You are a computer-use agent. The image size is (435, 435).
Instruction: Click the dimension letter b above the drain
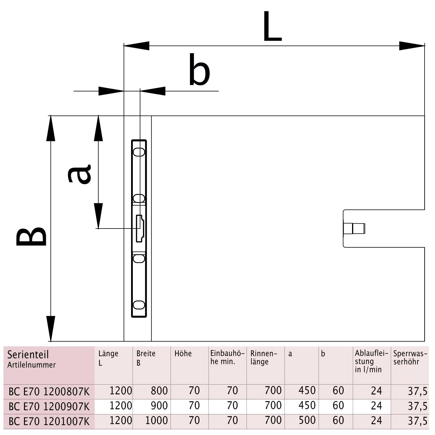199,70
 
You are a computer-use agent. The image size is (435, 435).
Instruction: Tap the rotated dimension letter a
79,174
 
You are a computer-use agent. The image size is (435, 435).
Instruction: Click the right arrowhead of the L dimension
412,46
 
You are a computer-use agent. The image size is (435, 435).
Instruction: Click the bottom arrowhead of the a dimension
98,216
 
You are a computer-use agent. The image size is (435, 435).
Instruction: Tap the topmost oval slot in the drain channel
139,152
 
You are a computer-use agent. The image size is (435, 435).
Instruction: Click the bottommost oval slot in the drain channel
139,305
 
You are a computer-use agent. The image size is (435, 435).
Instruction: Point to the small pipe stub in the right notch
354,229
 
